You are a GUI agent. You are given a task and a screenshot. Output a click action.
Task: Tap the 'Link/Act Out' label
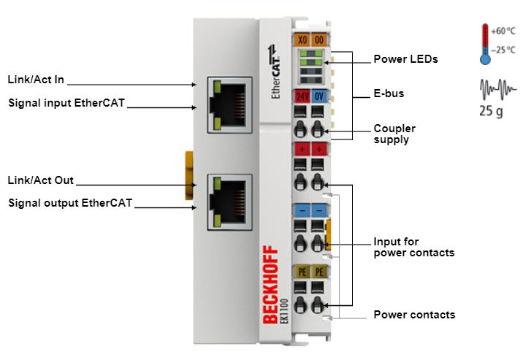tap(41, 180)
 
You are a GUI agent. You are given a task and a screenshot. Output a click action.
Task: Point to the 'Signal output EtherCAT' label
tap(70, 203)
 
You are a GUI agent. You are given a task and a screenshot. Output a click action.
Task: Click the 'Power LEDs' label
tap(405, 59)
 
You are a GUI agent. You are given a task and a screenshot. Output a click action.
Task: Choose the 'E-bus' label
tap(389, 93)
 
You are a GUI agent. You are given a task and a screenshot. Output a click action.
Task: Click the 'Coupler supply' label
tap(394, 134)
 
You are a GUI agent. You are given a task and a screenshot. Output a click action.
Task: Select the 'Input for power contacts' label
tap(413, 247)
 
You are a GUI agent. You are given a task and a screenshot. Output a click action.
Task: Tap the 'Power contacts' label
tap(414, 315)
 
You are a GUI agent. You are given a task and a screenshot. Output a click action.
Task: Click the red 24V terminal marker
tap(300, 96)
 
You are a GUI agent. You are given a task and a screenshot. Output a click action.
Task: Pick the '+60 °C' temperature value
tap(503, 31)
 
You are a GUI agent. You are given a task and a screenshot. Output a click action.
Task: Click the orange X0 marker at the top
tap(300, 41)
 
